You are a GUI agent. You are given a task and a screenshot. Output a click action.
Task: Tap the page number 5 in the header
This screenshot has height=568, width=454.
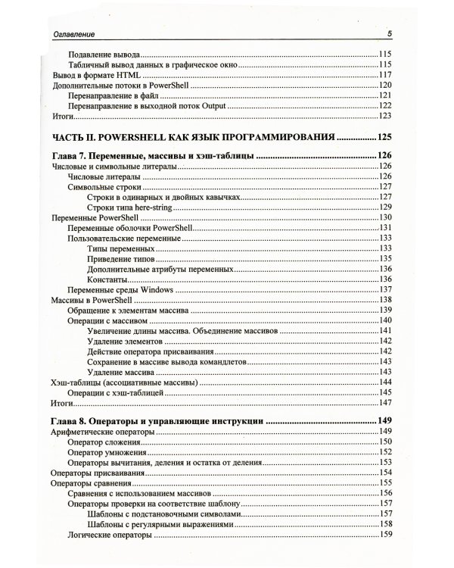(x=388, y=33)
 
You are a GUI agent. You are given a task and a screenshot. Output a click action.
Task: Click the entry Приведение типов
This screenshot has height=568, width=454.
(x=122, y=258)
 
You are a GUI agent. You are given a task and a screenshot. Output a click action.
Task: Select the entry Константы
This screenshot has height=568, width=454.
(x=107, y=279)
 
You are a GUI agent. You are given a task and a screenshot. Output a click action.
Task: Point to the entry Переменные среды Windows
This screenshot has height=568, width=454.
(x=121, y=290)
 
